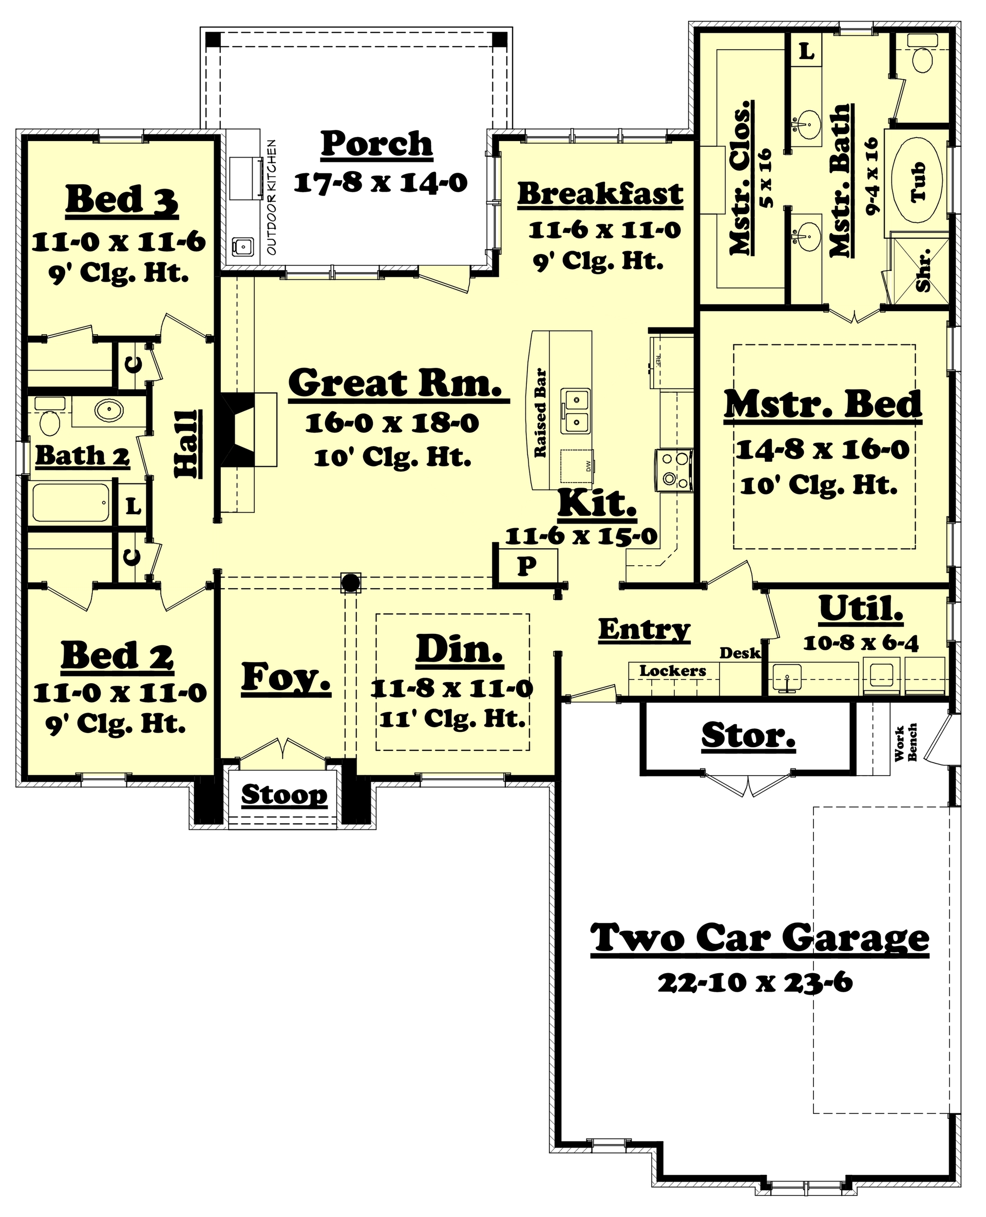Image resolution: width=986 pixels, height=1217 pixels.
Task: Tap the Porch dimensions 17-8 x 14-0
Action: [x=381, y=183]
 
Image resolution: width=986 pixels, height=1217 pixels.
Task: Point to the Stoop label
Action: [x=284, y=795]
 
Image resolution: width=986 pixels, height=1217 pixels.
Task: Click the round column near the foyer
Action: [x=350, y=582]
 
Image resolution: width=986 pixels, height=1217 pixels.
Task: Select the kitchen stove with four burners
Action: [x=674, y=470]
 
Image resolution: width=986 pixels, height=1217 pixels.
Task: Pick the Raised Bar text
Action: [x=540, y=413]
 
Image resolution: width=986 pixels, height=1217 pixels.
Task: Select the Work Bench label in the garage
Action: [x=906, y=742]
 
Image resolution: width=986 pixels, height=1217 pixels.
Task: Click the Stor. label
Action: [x=748, y=736]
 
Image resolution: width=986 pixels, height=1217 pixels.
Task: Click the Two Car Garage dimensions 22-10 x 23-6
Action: [x=755, y=983]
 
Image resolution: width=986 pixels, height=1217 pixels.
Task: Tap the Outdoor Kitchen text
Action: [x=272, y=197]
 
